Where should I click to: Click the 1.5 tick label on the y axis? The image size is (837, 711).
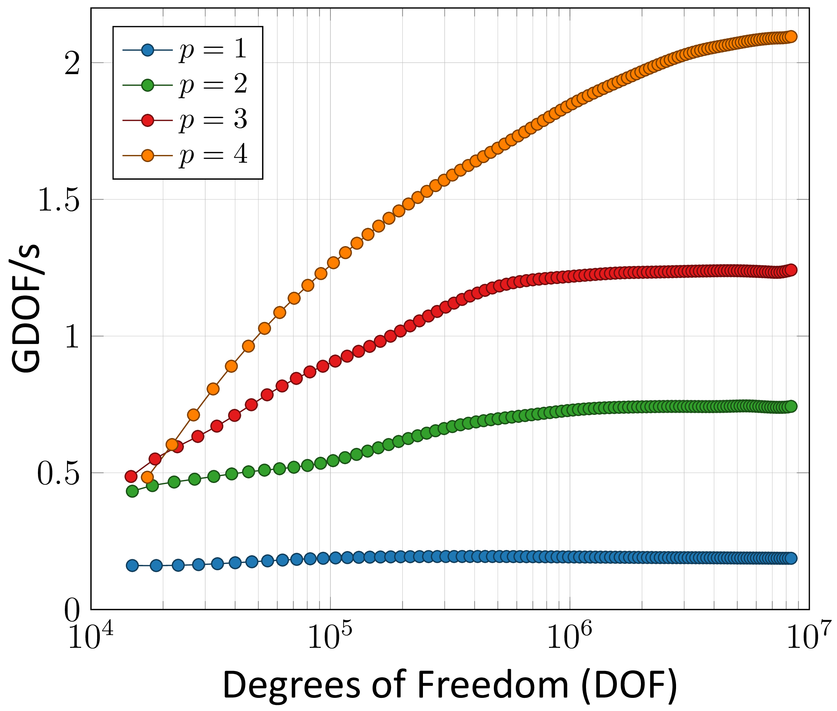point(58,200)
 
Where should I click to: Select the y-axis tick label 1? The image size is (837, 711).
point(73,337)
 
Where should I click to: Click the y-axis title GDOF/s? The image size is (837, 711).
point(26,309)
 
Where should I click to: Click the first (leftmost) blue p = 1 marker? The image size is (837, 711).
point(132,566)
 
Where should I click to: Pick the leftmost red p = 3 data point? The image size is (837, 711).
point(131,476)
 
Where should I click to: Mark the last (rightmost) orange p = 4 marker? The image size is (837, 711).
point(791,36)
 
